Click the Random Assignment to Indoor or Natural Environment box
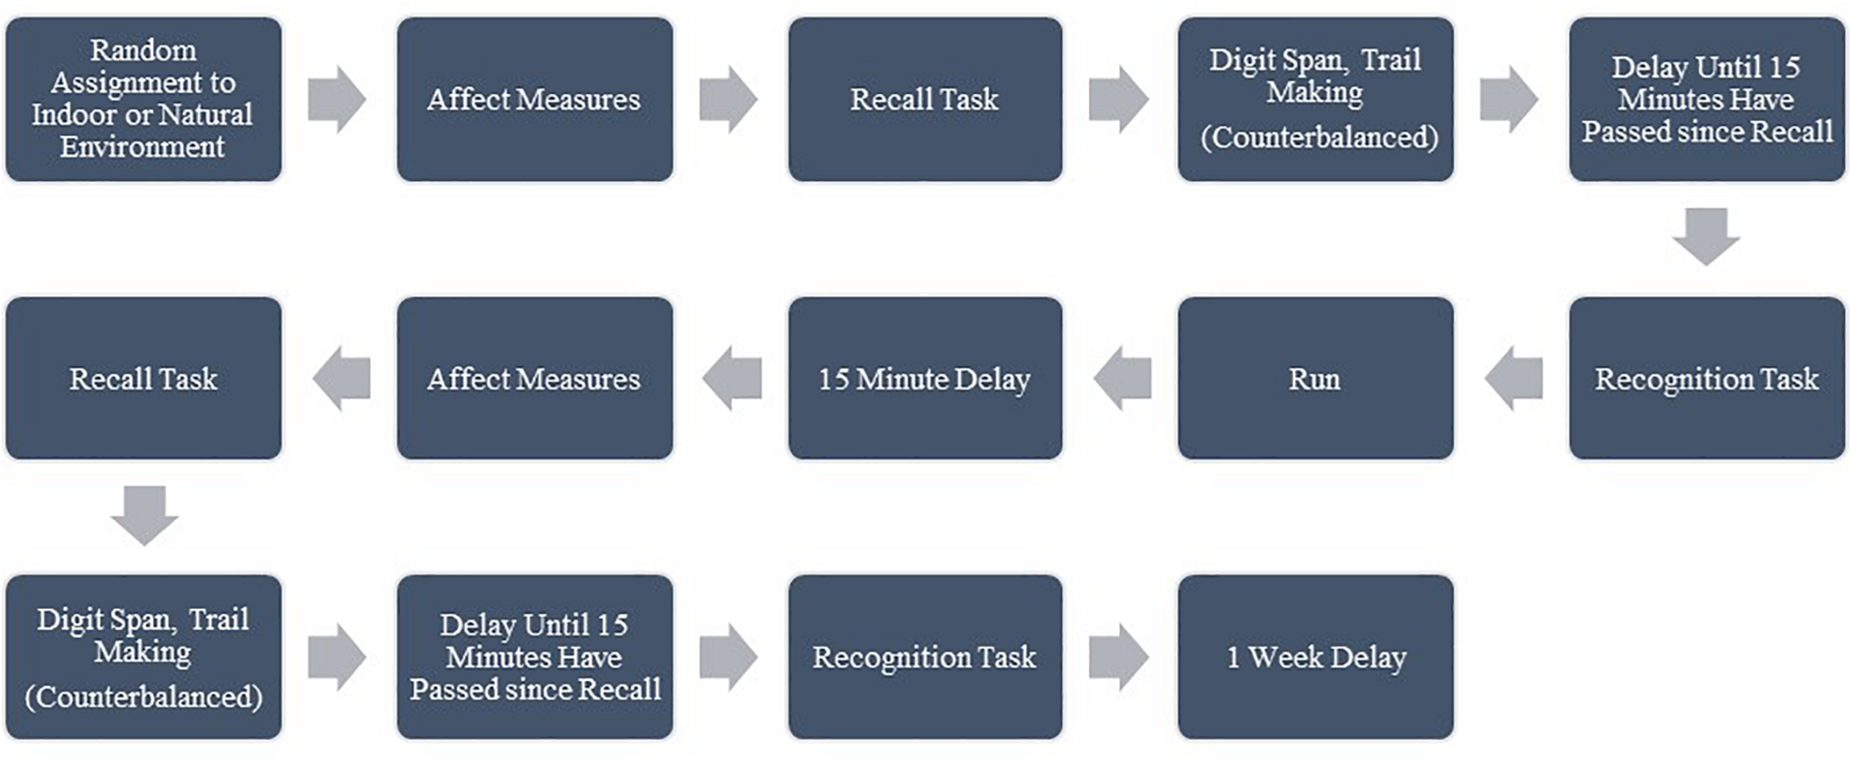[x=143, y=99]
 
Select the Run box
[x=1315, y=379]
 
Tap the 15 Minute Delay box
[x=924, y=379]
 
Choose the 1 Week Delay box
[x=1315, y=657]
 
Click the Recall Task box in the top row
[x=924, y=99]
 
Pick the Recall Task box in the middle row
[x=143, y=379]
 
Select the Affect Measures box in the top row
[x=534, y=99]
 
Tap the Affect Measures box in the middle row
[x=534, y=379]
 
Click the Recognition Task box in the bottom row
[x=924, y=657]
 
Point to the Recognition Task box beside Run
[x=1706, y=379]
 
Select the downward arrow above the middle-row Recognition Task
[x=1706, y=236]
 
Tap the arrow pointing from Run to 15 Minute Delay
[x=1122, y=379]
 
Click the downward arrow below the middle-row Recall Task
[x=144, y=515]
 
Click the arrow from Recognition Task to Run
[x=1514, y=379]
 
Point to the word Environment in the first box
[x=142, y=147]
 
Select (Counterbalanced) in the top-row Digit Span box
[x=1319, y=138]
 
